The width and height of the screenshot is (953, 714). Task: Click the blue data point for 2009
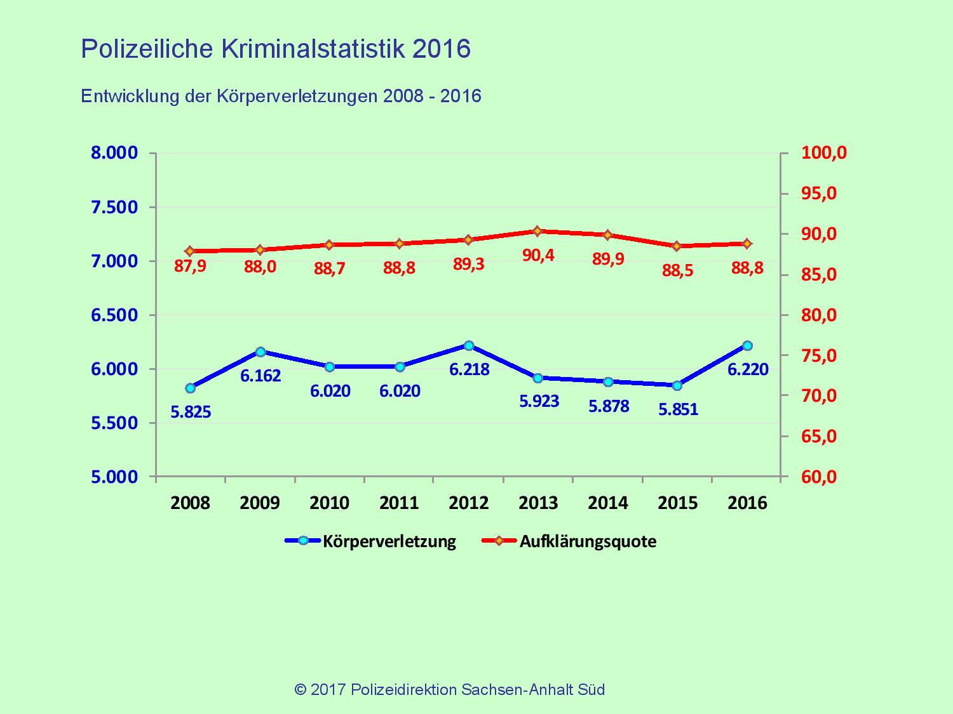tap(260, 352)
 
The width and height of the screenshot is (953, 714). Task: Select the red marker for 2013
tap(537, 231)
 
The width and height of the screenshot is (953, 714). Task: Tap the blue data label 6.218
tap(470, 369)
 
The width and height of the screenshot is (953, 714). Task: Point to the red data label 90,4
tap(537, 255)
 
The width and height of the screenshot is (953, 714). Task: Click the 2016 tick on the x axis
tap(747, 503)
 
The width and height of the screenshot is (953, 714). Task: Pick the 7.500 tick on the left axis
tap(114, 208)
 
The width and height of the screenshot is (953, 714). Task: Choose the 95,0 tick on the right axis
tap(824, 194)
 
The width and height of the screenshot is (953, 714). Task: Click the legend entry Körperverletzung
tap(389, 541)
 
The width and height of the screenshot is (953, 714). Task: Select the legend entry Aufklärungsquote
tap(587, 541)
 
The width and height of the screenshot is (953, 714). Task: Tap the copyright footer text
tap(449, 689)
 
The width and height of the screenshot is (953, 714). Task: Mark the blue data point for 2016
tap(747, 346)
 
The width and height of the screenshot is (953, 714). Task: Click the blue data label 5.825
tap(191, 413)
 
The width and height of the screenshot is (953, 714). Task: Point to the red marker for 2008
tap(190, 251)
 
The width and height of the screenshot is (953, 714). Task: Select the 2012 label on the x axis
tap(469, 503)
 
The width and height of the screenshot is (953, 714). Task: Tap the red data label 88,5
tap(677, 271)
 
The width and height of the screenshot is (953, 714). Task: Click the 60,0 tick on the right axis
tap(824, 477)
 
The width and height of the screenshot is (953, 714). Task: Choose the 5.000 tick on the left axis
tap(114, 477)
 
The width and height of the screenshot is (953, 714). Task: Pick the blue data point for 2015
tap(677, 385)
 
